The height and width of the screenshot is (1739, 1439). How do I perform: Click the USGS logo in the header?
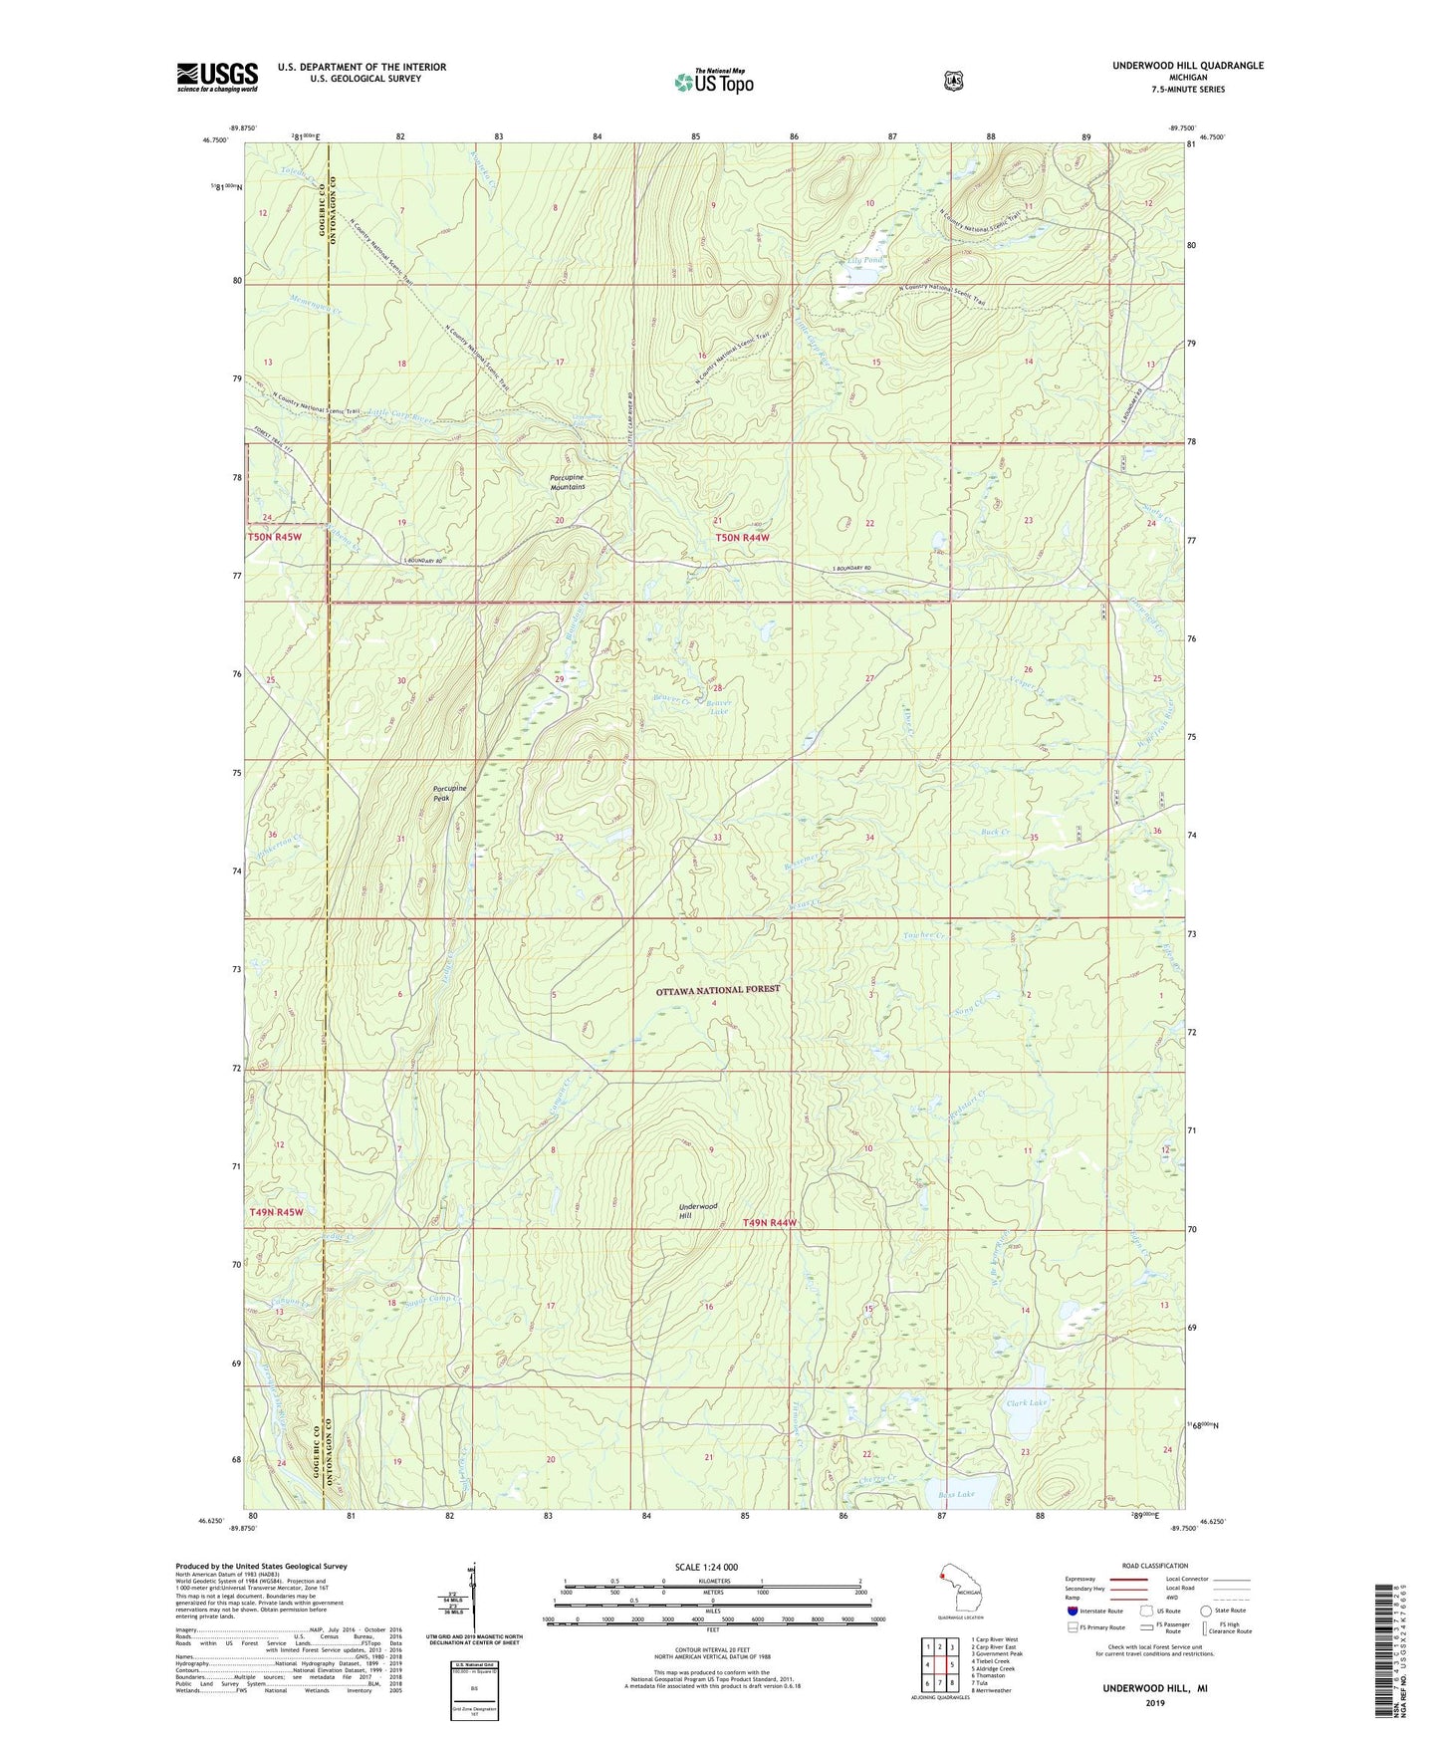click(x=217, y=77)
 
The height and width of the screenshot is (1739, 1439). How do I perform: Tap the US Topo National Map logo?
click(x=712, y=81)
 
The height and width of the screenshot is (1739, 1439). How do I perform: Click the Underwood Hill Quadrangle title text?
click(x=1188, y=66)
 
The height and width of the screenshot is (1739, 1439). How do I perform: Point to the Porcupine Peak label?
click(x=449, y=793)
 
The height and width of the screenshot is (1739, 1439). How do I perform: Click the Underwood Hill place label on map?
click(x=698, y=1210)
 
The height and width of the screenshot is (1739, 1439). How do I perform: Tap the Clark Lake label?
click(x=1027, y=1402)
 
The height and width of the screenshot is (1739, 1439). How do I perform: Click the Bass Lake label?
click(x=956, y=1494)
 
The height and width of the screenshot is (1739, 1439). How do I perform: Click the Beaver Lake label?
click(x=718, y=706)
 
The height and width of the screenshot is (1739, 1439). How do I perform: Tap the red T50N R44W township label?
click(x=743, y=538)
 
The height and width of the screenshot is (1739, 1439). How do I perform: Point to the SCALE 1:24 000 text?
click(x=706, y=1567)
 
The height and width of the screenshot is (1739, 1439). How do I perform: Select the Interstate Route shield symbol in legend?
click(x=1072, y=1611)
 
